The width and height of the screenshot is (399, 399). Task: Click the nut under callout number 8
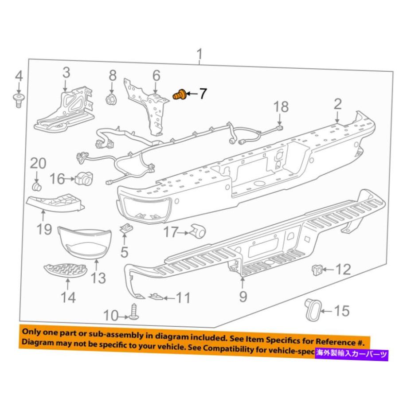coord(111,99)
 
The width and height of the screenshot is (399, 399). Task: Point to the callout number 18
coord(281,107)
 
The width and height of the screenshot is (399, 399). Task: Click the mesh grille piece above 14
coord(66,270)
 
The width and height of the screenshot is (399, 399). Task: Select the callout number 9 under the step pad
coord(243,296)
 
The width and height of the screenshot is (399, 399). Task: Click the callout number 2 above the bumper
coord(338,105)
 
